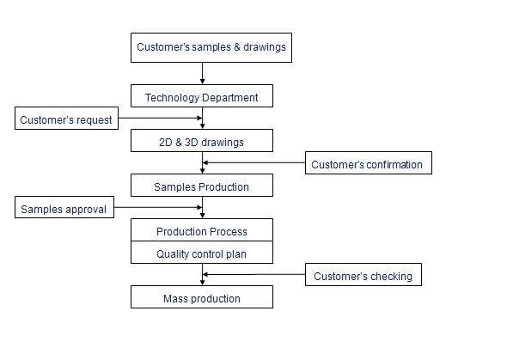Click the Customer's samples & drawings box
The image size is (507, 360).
coord(211,47)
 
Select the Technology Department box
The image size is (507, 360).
coord(202,96)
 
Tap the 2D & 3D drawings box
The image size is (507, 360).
coord(202,141)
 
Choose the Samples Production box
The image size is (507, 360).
coord(202,186)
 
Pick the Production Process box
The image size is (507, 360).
coord(202,231)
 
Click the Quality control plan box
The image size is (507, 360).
coord(202,253)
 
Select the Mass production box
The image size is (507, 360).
coord(202,298)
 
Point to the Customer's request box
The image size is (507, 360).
coord(66,119)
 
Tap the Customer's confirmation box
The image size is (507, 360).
coord(368,164)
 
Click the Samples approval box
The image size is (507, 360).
coord(64,209)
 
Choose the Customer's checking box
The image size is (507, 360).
coord(363,276)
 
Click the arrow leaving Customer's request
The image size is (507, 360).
coord(159,119)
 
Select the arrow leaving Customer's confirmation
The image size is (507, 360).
coord(253,163)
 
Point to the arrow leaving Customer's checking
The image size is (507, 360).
coord(253,275)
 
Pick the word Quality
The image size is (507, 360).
coord(174,254)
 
